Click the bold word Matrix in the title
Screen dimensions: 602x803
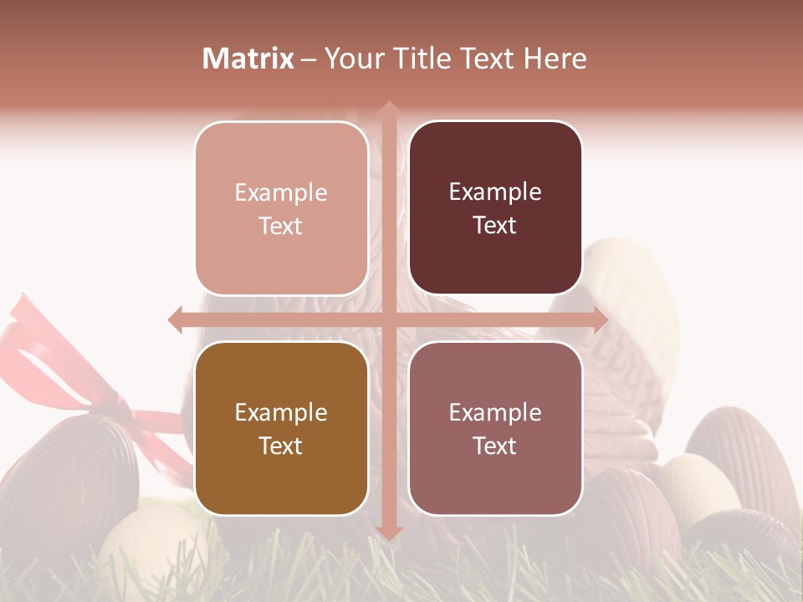(x=248, y=59)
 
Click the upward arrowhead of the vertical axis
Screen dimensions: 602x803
(x=388, y=109)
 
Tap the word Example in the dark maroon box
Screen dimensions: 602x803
(x=495, y=192)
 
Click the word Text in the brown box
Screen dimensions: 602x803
(x=281, y=446)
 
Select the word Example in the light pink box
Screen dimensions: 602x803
(x=281, y=193)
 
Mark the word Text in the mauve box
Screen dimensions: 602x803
(x=495, y=446)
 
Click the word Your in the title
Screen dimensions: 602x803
(x=351, y=59)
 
